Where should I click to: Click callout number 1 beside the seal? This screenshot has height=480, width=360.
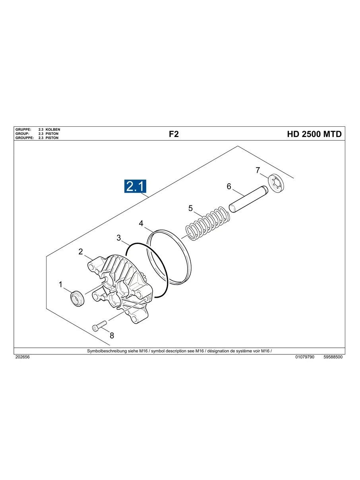point(61,285)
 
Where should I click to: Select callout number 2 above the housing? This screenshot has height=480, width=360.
point(81,252)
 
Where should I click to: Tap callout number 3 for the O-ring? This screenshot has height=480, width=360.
point(119,238)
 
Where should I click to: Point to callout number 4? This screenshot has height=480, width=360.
point(141,224)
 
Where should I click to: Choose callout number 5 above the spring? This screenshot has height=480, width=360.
point(191,208)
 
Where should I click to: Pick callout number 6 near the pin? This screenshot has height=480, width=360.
point(229,186)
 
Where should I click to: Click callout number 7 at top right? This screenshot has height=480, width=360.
point(258,170)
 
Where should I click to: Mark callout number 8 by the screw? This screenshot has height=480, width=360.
point(112,335)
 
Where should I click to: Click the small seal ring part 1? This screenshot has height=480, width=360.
point(77,298)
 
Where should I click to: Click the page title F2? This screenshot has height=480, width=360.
point(174,134)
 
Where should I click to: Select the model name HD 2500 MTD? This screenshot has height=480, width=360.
point(314,134)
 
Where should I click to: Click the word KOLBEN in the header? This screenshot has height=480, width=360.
point(53,130)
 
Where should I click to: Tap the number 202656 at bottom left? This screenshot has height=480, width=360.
point(22,357)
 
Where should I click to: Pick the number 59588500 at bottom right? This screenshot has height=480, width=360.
point(333,357)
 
